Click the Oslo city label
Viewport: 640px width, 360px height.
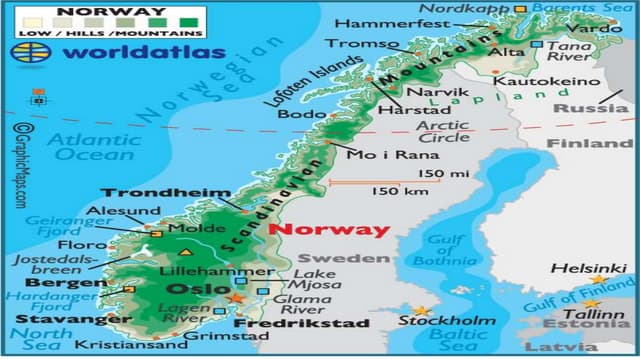coord(189,290)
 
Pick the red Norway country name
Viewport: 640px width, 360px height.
coord(331,229)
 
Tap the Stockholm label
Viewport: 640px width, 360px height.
coord(447,321)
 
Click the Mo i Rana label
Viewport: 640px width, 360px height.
coord(378,155)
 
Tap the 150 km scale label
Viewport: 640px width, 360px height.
coord(394,191)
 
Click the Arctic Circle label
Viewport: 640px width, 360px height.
coord(442,131)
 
